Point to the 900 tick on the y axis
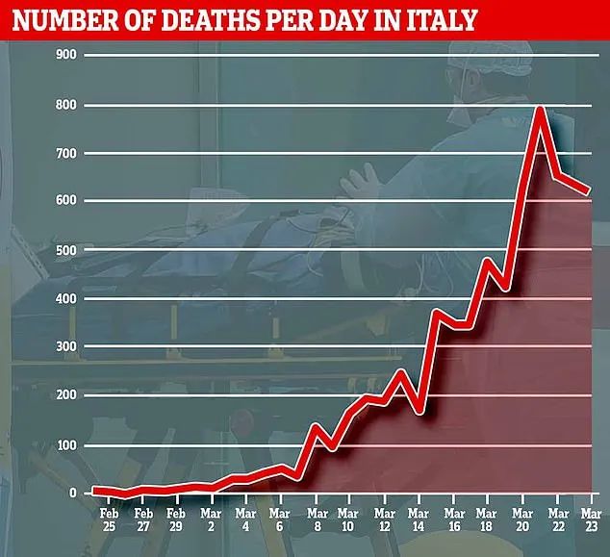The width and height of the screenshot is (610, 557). pyautogui.click(x=66, y=55)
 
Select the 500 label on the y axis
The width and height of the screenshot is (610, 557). pyautogui.click(x=66, y=250)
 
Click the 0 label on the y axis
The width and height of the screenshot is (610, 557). pyautogui.click(x=73, y=494)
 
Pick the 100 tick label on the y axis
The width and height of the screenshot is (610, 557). pyautogui.click(x=66, y=445)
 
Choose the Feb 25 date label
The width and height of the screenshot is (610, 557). pyautogui.click(x=110, y=519)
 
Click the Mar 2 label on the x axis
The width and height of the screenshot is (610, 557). pyautogui.click(x=211, y=519)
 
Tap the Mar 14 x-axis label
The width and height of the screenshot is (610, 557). pyautogui.click(x=419, y=519)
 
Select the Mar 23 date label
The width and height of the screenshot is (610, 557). pyautogui.click(x=592, y=519)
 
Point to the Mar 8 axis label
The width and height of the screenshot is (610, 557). pyautogui.click(x=318, y=519)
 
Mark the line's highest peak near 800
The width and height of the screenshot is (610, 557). pyautogui.click(x=540, y=109)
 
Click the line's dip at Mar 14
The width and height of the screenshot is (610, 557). pyautogui.click(x=419, y=411)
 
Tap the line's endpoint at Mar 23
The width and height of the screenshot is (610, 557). pyautogui.click(x=589, y=190)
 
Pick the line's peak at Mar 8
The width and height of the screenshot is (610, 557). pyautogui.click(x=316, y=426)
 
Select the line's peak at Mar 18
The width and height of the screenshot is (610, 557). pyautogui.click(x=488, y=261)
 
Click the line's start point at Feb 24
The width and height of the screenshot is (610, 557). pyautogui.click(x=94, y=490)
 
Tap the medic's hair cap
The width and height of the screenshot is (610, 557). pyautogui.click(x=491, y=59)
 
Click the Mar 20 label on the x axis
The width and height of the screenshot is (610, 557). pyautogui.click(x=522, y=519)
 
